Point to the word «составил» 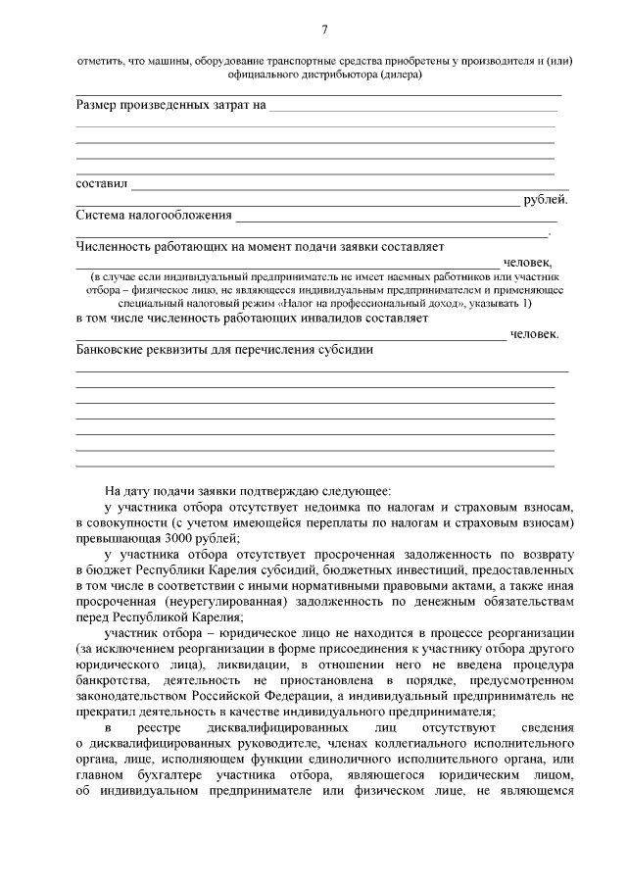tap(101, 183)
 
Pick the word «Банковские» tap(113, 350)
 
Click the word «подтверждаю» tap(276, 490)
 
